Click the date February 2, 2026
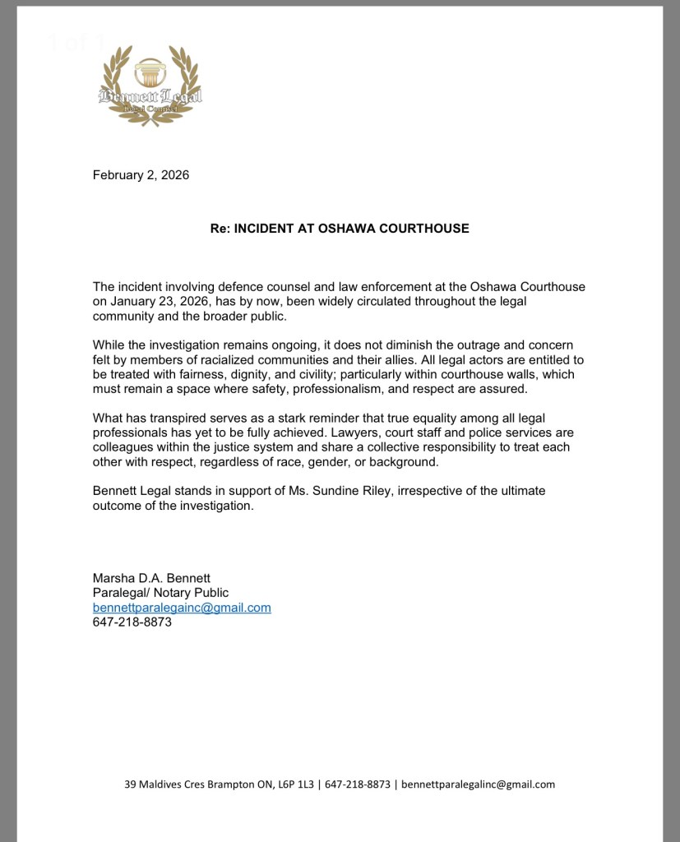[x=141, y=174]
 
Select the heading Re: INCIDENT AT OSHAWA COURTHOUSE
[x=340, y=229]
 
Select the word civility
[x=282, y=374]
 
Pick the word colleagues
[x=126, y=447]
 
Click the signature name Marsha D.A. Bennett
[x=146, y=578]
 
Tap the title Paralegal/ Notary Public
[x=160, y=593]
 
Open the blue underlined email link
[x=182, y=608]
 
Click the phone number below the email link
[x=132, y=622]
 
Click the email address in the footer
[x=479, y=784]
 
